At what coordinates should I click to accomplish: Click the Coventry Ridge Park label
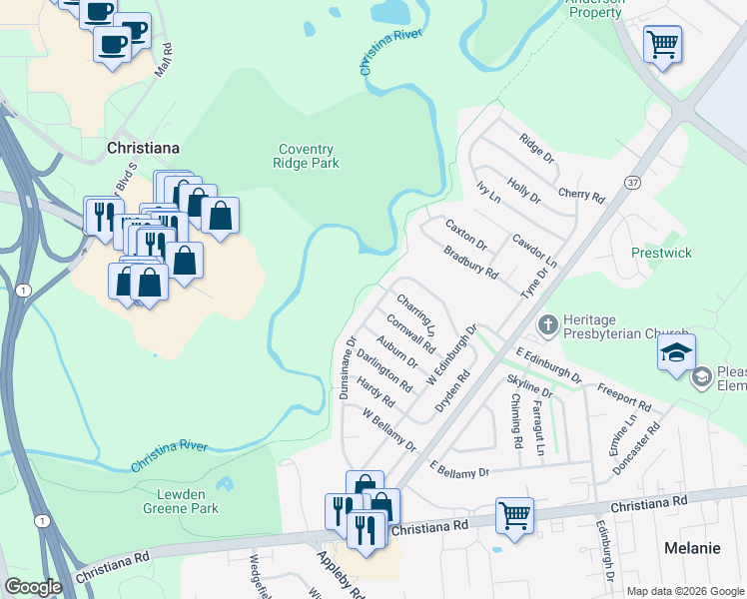(307, 156)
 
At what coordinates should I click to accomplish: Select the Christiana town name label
(143, 148)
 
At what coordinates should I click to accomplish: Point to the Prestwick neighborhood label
(661, 253)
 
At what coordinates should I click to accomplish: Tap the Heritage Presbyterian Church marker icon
(547, 324)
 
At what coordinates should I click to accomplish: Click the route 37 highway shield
(632, 182)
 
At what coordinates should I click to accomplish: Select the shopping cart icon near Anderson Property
(660, 45)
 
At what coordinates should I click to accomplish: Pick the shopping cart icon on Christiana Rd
(514, 516)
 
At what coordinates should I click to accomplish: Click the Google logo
(33, 587)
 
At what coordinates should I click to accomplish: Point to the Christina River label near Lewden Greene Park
(169, 455)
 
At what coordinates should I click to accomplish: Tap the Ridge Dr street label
(536, 147)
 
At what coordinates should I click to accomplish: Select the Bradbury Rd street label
(470, 263)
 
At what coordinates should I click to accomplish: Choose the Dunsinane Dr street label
(347, 368)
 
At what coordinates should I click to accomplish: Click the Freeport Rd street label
(624, 397)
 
